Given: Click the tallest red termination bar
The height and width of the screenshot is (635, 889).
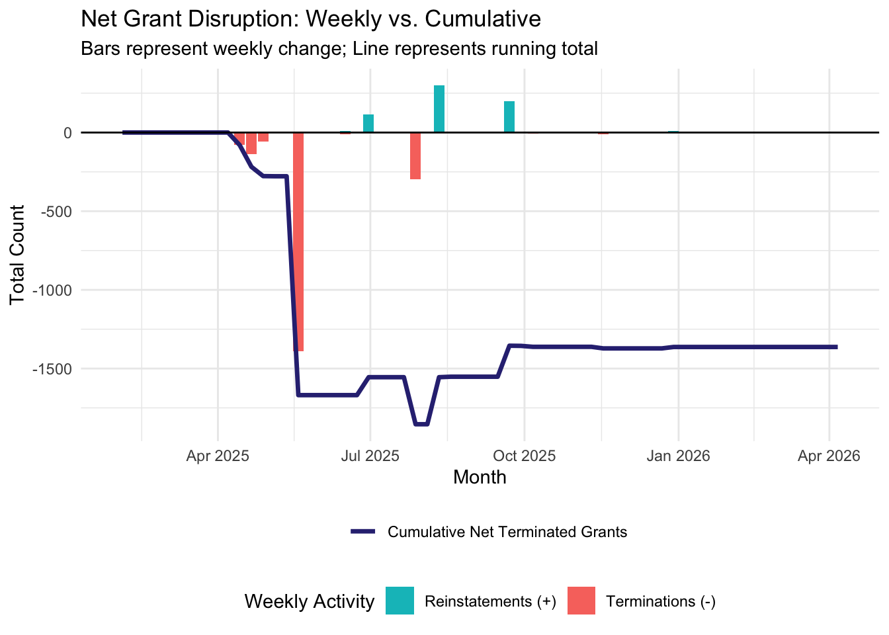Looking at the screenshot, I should [x=298, y=241].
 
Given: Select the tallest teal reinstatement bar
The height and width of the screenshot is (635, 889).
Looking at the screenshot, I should [x=439, y=109].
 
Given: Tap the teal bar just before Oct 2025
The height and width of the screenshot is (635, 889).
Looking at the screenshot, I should [x=509, y=117].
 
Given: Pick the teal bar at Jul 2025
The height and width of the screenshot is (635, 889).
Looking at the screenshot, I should [x=368, y=124].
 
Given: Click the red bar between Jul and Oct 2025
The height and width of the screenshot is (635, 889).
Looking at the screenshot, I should [x=415, y=156].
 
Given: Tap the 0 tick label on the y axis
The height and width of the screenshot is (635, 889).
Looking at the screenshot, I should [x=67, y=133].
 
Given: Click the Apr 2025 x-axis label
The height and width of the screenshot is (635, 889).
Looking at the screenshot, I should [x=218, y=456].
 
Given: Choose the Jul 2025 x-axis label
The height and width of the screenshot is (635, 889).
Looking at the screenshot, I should [x=370, y=456].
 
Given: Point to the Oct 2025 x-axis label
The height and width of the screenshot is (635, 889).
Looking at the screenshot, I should [x=524, y=456].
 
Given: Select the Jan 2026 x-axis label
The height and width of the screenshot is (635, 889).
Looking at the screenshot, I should [x=678, y=456].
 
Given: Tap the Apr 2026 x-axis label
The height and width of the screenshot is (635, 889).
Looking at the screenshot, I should [x=829, y=456].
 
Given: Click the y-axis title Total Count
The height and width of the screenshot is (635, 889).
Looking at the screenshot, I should [x=18, y=255].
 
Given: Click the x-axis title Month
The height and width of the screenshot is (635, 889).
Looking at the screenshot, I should [x=480, y=478].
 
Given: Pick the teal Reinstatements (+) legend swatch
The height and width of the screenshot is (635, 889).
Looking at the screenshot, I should [x=400, y=601].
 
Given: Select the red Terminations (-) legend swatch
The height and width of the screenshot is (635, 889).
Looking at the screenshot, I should [x=581, y=601].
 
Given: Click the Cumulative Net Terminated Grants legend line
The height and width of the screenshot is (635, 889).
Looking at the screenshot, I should [x=363, y=532].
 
